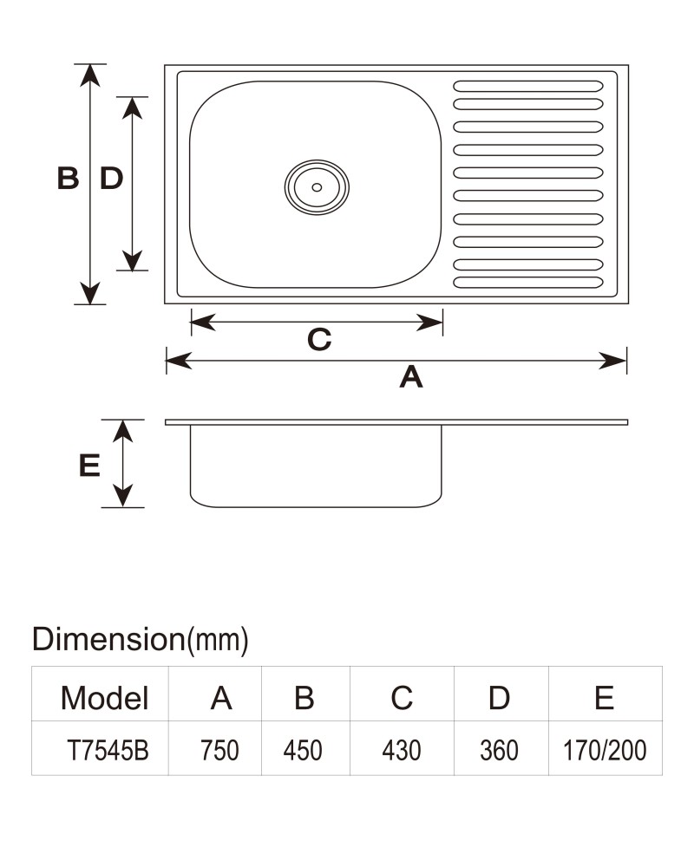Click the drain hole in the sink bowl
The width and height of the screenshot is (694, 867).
[317, 187]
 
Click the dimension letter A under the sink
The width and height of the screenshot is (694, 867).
[411, 377]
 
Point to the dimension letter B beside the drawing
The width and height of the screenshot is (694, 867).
[68, 178]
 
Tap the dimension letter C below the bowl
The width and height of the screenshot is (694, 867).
[319, 340]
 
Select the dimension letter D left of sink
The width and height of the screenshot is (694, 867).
[111, 178]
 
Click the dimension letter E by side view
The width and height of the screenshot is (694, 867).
[89, 465]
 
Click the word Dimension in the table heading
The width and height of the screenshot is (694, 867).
[108, 639]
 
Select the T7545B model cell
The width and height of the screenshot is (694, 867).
[108, 750]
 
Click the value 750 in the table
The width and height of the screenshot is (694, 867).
[219, 750]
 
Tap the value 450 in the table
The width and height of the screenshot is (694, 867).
[303, 750]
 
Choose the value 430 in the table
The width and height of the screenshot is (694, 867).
[402, 750]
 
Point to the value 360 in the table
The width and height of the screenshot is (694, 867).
[499, 750]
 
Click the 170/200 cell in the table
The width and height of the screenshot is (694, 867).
[605, 750]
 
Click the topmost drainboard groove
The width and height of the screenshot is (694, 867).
[528, 86]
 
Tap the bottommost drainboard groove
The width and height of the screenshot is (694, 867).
[528, 283]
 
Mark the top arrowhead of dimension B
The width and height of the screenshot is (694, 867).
[89, 75]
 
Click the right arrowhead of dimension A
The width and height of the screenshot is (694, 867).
[613, 361]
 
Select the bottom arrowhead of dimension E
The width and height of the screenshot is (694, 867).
[123, 495]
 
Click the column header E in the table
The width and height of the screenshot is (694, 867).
[605, 698]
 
